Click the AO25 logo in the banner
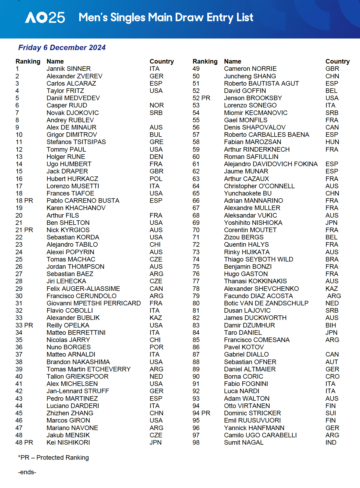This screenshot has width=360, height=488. pyautogui.click(x=45, y=18)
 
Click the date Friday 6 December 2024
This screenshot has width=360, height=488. pyautogui.click(x=62, y=48)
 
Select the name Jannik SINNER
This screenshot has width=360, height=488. pyautogui.click(x=69, y=69)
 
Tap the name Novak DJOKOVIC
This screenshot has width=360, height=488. pyautogui.click(x=73, y=113)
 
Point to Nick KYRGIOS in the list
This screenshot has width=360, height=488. pyautogui.click(x=68, y=230)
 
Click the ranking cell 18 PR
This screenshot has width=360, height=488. pyautogui.click(x=24, y=201)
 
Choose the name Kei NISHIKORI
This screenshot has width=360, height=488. pyautogui.click(x=68, y=442)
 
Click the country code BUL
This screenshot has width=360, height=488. pyautogui.click(x=156, y=135)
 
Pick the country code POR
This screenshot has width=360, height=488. pyautogui.click(x=157, y=347)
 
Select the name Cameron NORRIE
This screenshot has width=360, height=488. pyautogui.click(x=250, y=69)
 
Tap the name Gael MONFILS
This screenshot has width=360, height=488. pyautogui.click(x=246, y=120)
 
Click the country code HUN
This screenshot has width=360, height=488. pyautogui.click(x=332, y=142)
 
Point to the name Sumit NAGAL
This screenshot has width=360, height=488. pyautogui.click(x=244, y=442)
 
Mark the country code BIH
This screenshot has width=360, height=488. pyautogui.click(x=331, y=325)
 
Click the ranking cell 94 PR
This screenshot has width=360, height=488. pyautogui.click(x=201, y=413)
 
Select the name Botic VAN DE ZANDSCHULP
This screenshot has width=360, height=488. pyautogui.click(x=266, y=303)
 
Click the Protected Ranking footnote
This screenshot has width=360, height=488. pyautogui.click(x=53, y=458)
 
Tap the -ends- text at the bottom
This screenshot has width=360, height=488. pyautogui.click(x=27, y=472)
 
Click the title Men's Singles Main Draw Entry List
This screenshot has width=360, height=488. pyautogui.click(x=166, y=18)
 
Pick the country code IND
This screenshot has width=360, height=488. pyautogui.click(x=331, y=442)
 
